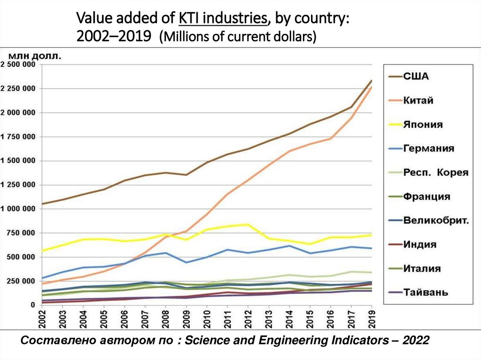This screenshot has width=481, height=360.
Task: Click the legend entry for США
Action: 416,76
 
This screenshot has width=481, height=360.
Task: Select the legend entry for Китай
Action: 418,100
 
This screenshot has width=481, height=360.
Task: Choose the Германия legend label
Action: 429,148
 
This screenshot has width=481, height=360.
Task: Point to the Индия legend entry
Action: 420,245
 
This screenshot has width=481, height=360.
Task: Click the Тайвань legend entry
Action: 426,292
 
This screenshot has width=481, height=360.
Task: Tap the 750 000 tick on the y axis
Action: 21,233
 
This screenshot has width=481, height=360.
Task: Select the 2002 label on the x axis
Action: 43,319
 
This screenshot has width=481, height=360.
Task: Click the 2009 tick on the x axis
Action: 186,319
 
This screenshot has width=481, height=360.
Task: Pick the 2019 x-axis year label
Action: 371,319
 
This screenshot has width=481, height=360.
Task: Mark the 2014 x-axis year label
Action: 289,319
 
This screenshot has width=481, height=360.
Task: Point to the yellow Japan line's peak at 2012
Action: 248,224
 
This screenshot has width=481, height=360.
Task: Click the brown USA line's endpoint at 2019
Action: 372,80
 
